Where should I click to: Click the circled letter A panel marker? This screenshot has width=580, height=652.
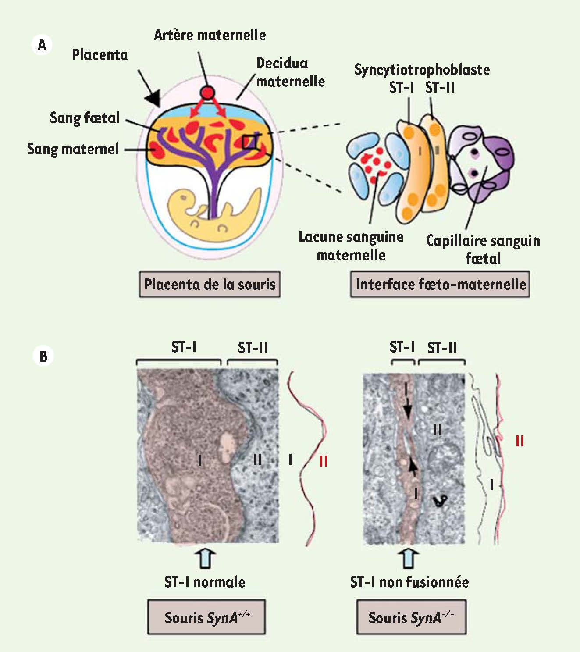point(42,45)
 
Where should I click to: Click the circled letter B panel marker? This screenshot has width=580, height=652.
point(43,356)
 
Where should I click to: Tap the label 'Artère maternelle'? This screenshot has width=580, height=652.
point(210,35)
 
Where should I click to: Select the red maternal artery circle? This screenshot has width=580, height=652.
point(207,93)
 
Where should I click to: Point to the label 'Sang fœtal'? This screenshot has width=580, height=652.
point(85,118)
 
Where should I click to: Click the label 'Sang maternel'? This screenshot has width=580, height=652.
point(73,149)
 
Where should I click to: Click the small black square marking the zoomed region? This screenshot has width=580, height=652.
point(250,142)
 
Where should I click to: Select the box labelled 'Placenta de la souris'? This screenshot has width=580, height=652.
point(210,284)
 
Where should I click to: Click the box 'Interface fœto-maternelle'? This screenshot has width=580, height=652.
point(440,284)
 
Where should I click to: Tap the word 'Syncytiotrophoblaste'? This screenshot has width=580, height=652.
point(422,70)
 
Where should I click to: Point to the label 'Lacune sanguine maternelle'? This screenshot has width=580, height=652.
point(351,246)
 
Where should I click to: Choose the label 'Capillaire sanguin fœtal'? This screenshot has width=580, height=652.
point(483,249)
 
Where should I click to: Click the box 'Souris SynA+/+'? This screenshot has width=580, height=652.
point(206,617)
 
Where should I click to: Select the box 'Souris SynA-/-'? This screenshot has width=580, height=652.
point(411,617)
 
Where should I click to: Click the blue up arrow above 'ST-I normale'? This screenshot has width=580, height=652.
point(206,559)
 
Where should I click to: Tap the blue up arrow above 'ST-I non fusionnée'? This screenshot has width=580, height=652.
point(409,559)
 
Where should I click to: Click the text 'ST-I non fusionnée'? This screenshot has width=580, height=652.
point(409,582)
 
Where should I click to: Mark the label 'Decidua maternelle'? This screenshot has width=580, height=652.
point(290,72)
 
